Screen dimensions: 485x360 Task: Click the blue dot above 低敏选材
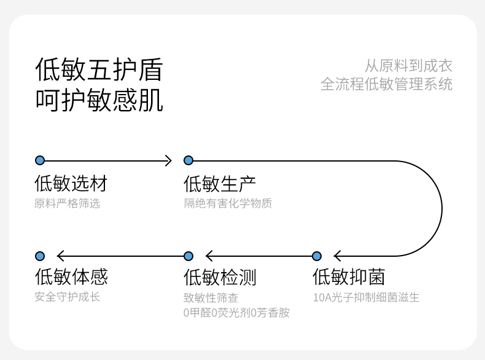coord(40,160)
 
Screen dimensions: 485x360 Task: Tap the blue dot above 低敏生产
coord(188,160)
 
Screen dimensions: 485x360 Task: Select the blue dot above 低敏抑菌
coord(317,256)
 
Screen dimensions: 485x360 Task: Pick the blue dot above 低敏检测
coord(188,256)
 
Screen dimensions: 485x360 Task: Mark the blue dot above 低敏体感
coord(40,256)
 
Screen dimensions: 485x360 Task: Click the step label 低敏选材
coord(71,183)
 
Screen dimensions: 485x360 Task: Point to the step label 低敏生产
coord(220,184)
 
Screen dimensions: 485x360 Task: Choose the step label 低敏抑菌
coord(349,276)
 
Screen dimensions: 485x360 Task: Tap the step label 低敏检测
coord(220,277)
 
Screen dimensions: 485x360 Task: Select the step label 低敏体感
coord(71,276)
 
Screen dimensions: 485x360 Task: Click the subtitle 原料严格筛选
coord(67,203)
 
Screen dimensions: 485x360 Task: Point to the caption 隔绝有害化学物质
coord(228,203)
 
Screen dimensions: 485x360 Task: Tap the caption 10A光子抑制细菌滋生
coord(367,297)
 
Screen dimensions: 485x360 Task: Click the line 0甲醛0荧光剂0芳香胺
coord(236,313)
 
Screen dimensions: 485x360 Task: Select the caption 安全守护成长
coord(67,297)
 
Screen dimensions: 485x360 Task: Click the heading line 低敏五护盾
coord(99,69)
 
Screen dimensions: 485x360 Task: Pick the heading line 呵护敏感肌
coord(99,100)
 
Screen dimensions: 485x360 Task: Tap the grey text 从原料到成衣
coord(408,66)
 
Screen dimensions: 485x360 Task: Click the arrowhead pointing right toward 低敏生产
coord(169,161)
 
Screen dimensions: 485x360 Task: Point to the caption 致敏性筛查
coord(211,298)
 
